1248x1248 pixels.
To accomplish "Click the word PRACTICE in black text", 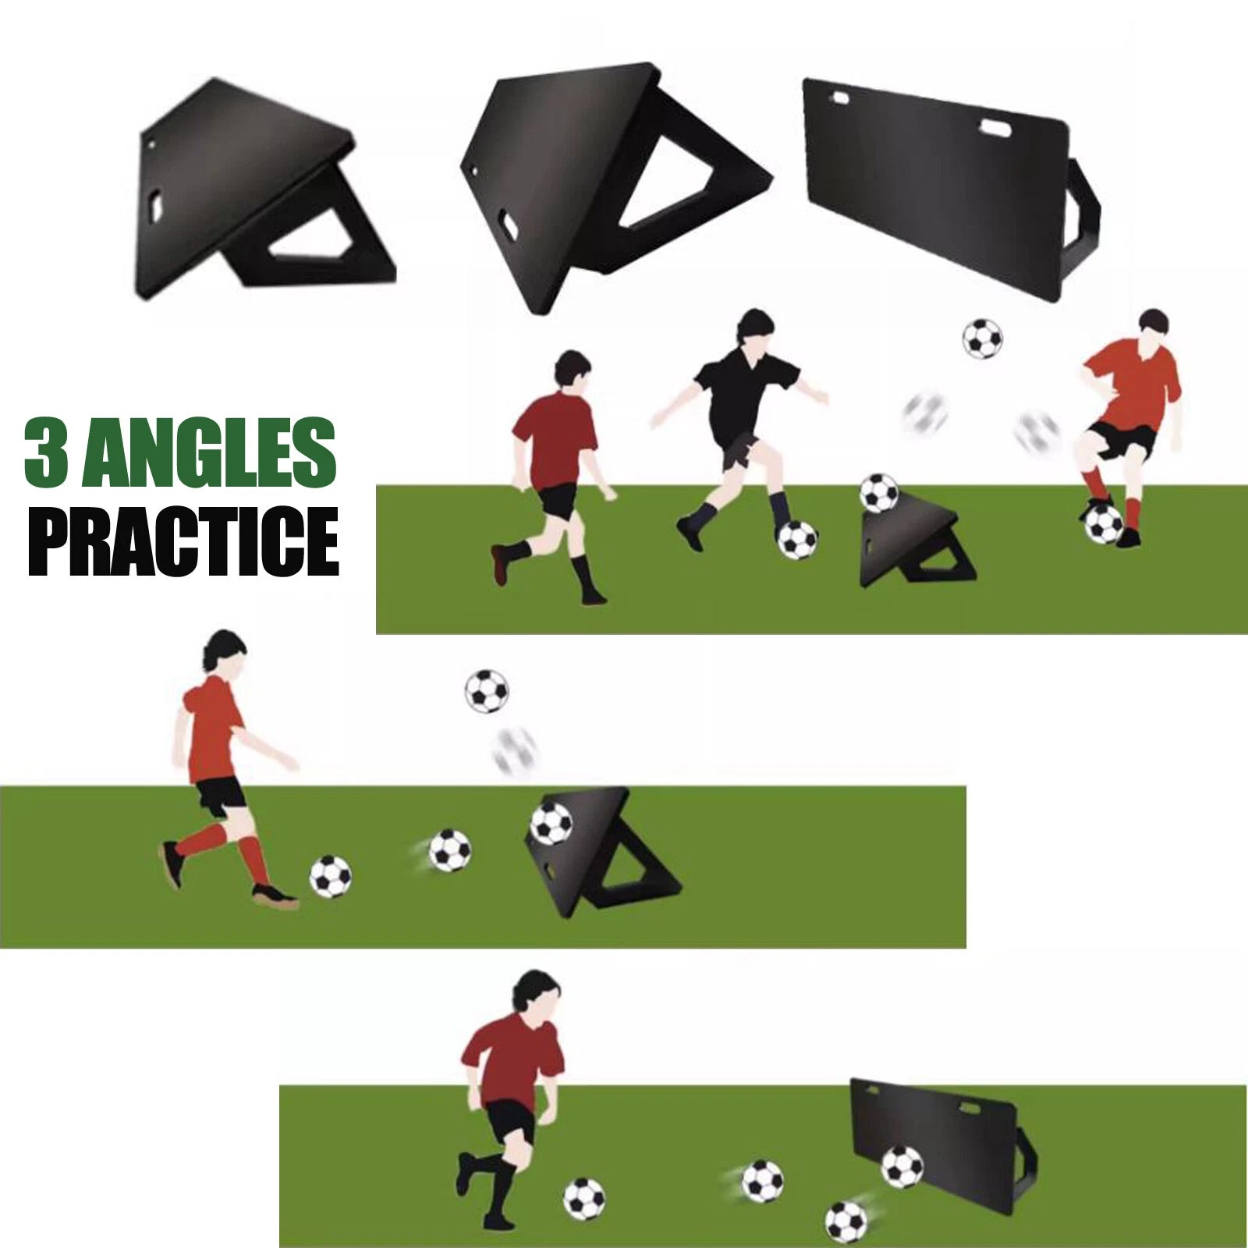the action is [x=183, y=541].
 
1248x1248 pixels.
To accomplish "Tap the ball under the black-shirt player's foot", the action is [x=797, y=540].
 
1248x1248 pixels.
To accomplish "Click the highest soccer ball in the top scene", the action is [x=982, y=338].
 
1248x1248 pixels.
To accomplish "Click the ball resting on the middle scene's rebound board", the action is [x=551, y=824].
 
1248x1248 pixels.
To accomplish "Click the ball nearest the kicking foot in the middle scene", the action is [x=331, y=877].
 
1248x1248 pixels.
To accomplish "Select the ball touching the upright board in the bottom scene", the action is [x=902, y=1166].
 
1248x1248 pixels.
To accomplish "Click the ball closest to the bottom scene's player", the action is [x=584, y=1198].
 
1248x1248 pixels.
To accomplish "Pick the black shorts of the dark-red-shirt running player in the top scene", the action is [x=558, y=499].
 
